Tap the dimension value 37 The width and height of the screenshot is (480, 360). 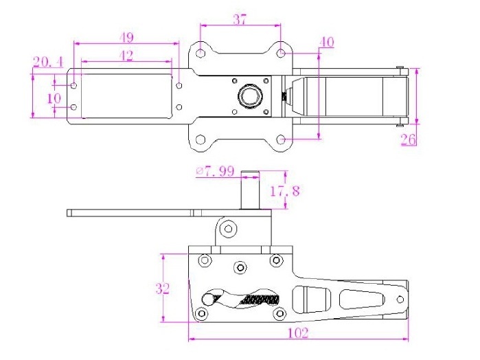click(240, 20)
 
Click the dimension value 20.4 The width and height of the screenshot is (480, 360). click(48, 63)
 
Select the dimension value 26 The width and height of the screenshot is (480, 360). click(409, 139)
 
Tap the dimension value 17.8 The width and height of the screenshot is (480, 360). click(285, 191)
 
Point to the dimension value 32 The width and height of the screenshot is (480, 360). click(163, 289)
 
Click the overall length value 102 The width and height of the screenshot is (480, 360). click(299, 333)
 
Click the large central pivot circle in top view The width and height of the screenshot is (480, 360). click(249, 95)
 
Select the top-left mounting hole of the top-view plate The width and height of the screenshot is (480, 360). click(200, 53)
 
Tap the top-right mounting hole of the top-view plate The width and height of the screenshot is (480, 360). click(281, 53)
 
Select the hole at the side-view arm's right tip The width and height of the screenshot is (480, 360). click(400, 299)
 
